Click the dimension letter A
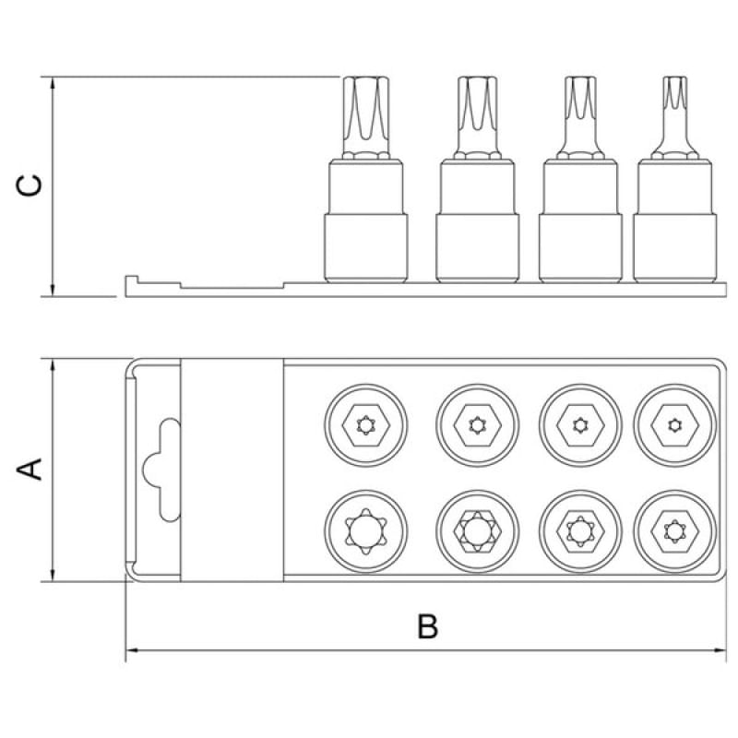pos(30,470)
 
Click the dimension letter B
pos(427,626)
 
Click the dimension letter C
pos(30,185)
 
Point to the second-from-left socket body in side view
pos(477,220)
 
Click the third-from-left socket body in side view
pos(580,220)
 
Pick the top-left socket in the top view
pos(365,425)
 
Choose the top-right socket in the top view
pos(674,425)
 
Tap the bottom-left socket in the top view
pos(365,531)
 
